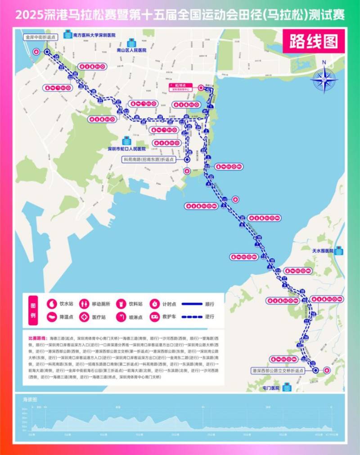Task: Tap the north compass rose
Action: tap(324, 79)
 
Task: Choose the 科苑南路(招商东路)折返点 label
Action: tap(152, 159)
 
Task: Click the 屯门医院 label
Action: tap(271, 388)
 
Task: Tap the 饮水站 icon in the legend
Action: tap(51, 303)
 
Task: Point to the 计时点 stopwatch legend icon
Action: tap(154, 303)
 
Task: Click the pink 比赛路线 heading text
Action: tap(36, 337)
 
